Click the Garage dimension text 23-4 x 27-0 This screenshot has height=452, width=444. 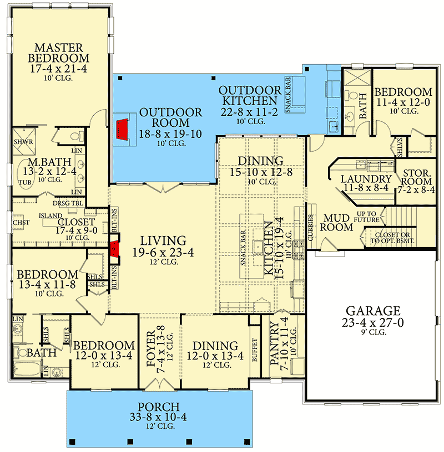[372, 322]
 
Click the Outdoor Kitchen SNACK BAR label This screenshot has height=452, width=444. [288, 95]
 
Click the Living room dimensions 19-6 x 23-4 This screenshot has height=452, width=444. [163, 253]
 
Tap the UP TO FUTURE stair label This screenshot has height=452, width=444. [367, 217]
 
